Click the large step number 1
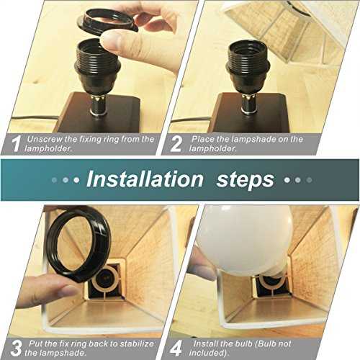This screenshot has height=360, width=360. click(x=17, y=143)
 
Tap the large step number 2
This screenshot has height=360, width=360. click(x=176, y=143)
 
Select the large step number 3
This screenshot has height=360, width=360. click(x=16, y=348)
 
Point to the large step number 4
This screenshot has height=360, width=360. click(x=176, y=348)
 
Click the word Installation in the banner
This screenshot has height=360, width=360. click(x=145, y=179)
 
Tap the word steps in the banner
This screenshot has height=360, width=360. click(x=246, y=180)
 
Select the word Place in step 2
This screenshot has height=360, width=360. click(x=203, y=139)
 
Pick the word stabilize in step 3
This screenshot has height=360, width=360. click(x=137, y=343)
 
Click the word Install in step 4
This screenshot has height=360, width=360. click(x=206, y=343)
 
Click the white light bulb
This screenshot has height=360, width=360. click(x=245, y=240)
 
